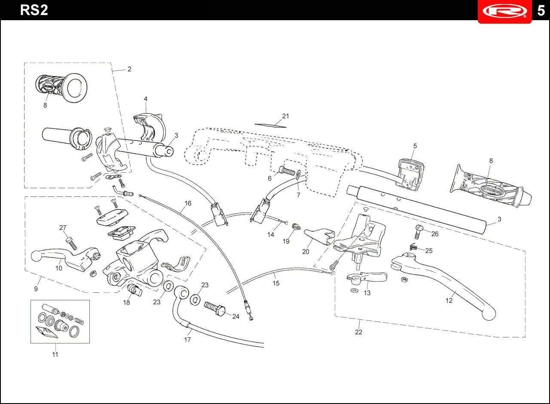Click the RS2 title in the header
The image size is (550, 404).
[x=34, y=10]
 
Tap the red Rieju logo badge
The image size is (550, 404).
[x=504, y=11]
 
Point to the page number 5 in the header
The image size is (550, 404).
[x=541, y=11]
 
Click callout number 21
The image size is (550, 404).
[x=286, y=116]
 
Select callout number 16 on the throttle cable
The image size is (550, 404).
[x=188, y=203]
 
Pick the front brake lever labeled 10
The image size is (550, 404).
[x=66, y=259]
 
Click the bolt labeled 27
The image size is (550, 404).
[x=71, y=243]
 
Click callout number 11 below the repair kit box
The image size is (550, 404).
[x=55, y=355]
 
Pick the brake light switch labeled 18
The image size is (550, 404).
[x=135, y=290]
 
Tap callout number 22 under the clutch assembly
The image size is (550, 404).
[x=358, y=332]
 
